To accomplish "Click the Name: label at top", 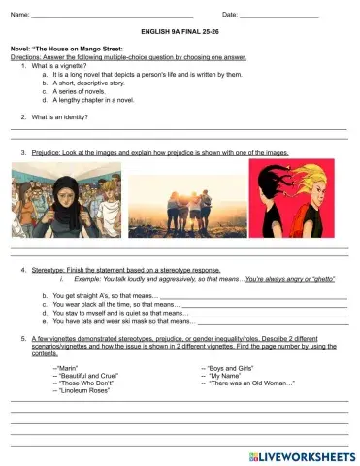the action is (x=19, y=15).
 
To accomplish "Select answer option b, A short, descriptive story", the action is (x=96, y=83).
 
